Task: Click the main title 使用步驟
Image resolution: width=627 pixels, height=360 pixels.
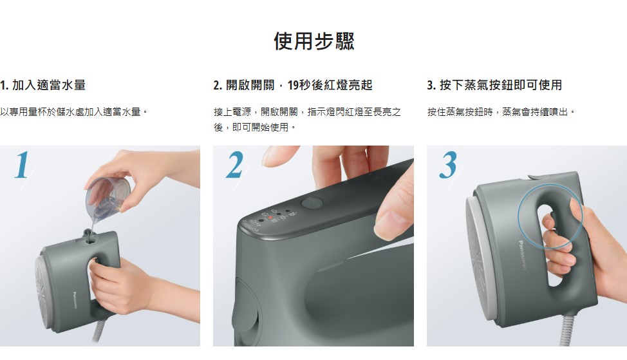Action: pyautogui.click(x=314, y=41)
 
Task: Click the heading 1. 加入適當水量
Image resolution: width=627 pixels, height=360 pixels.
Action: pyautogui.click(x=42, y=85)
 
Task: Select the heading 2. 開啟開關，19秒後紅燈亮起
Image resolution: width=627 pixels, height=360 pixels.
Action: pyautogui.click(x=293, y=85)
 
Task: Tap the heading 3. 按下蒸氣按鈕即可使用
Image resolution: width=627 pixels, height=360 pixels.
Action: pyautogui.click(x=494, y=85)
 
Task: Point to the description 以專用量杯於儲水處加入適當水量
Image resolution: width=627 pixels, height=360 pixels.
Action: pyautogui.click(x=73, y=111)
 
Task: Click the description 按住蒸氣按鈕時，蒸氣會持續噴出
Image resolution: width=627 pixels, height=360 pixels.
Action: pyautogui.click(x=501, y=111)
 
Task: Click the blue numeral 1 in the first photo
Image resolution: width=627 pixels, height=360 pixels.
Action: pyautogui.click(x=22, y=164)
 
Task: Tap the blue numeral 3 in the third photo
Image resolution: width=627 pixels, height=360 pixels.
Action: pyautogui.click(x=448, y=164)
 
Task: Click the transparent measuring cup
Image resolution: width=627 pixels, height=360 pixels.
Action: pyautogui.click(x=108, y=198)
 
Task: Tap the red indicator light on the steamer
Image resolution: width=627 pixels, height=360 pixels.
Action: pyautogui.click(x=270, y=218)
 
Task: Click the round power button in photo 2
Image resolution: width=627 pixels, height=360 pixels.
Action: pyautogui.click(x=312, y=203)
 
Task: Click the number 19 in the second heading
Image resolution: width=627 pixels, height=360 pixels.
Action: pyautogui.click(x=293, y=85)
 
